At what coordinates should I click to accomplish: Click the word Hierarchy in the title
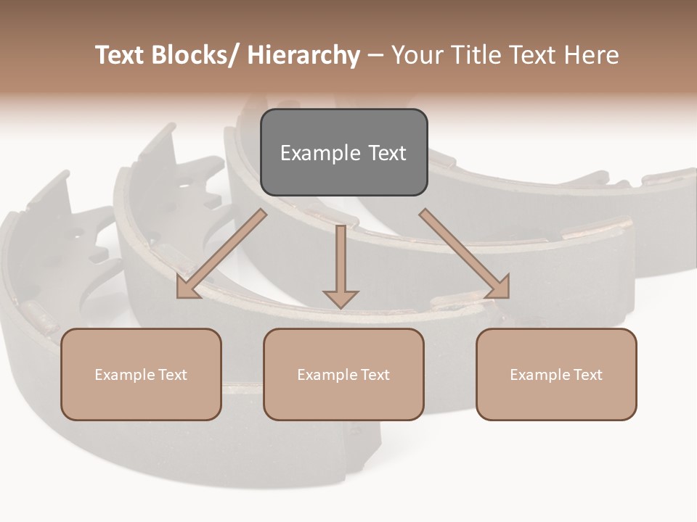click(303, 56)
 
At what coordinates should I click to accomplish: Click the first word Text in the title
click(121, 56)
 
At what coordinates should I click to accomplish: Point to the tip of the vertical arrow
click(341, 306)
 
